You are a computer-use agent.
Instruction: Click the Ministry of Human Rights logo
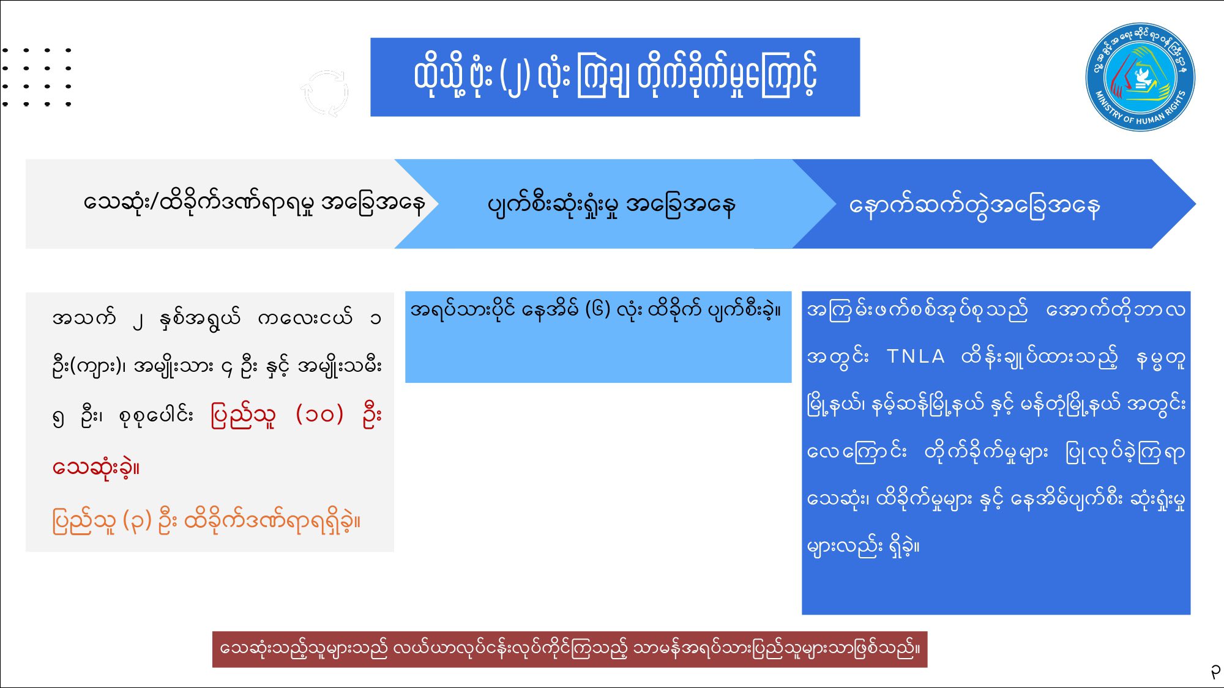click(1140, 77)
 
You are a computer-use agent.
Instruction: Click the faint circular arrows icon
click(325, 92)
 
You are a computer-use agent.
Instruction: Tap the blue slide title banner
click(615, 77)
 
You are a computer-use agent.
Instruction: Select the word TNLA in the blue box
click(916, 356)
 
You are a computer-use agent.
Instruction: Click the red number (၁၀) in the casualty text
click(319, 415)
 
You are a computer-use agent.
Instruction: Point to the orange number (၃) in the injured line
click(137, 521)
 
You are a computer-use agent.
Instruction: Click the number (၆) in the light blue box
click(598, 309)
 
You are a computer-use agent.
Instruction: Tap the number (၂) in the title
click(515, 78)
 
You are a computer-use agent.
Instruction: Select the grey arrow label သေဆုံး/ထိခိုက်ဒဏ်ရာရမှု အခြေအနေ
click(255, 203)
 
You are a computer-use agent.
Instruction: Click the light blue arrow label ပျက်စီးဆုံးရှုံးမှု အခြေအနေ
click(611, 205)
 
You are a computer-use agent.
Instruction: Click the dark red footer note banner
click(570, 649)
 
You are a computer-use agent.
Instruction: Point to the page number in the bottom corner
click(1215, 672)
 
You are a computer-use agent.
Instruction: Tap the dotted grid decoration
click(37, 77)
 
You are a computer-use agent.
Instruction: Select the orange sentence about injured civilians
click(207, 521)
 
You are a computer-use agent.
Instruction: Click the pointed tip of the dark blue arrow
click(1195, 204)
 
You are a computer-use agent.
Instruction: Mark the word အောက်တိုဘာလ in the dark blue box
click(1116, 310)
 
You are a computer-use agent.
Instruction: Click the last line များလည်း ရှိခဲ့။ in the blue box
click(863, 546)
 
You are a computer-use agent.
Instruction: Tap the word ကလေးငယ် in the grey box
click(305, 317)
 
